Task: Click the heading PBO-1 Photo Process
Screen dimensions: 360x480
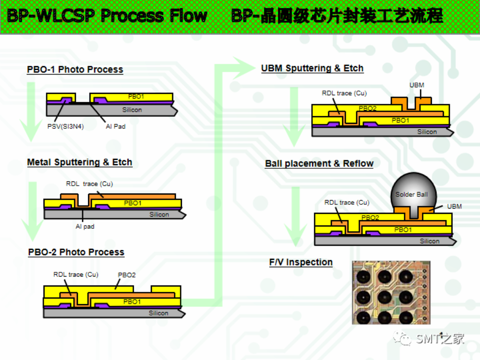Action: coord(75,70)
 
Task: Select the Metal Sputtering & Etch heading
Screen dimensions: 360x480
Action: coord(80,163)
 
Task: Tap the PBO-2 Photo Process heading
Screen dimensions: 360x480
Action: coord(76,252)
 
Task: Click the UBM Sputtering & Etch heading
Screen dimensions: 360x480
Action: coord(312,68)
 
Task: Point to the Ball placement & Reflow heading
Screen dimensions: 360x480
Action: coord(319,164)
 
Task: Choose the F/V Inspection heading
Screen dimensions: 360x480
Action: coord(301,262)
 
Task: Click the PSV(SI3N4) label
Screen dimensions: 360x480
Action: coord(66,126)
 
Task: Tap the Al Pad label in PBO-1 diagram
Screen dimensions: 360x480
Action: coord(115,126)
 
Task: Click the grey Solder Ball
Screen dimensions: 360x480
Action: coord(412,192)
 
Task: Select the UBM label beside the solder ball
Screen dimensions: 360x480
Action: coord(454,206)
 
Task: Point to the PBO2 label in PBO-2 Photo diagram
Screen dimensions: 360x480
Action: coord(127,275)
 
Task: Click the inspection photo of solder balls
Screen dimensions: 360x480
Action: coord(391,292)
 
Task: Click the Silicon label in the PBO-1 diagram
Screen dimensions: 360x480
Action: coord(132,110)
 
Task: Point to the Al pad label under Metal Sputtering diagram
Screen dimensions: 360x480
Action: coord(85,226)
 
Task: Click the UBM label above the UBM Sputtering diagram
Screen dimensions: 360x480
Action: coord(417,85)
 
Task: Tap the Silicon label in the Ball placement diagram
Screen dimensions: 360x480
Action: coord(429,241)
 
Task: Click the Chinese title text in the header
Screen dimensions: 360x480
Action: coord(337,16)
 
